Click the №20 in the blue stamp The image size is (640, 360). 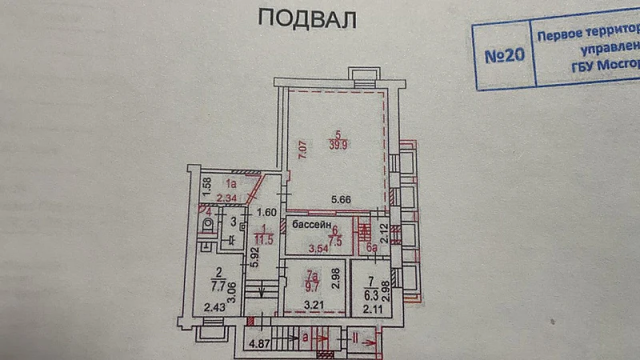click(506, 57)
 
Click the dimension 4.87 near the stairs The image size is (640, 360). click(261, 346)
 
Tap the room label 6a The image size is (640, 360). click(370, 249)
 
